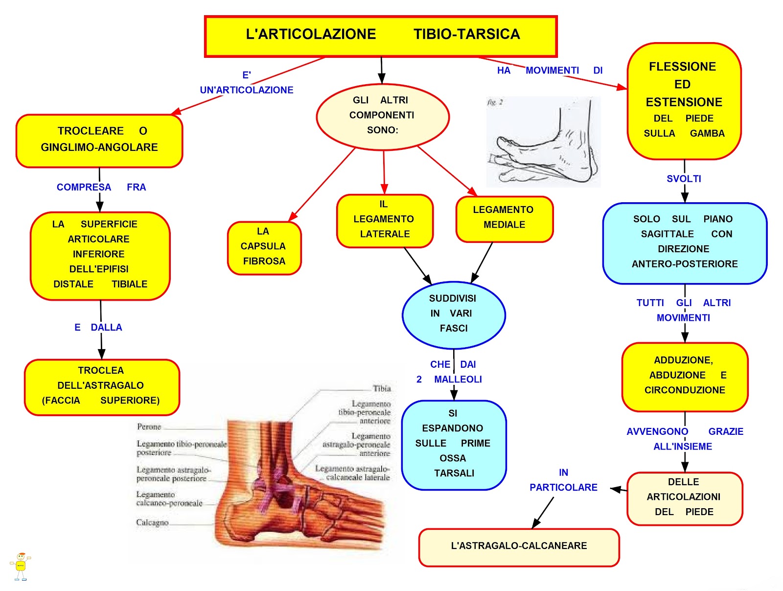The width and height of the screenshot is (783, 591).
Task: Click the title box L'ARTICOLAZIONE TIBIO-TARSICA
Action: click(381, 36)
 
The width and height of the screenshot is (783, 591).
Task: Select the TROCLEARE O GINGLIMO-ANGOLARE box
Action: click(99, 141)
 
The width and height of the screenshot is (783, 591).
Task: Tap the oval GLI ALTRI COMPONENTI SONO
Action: click(382, 116)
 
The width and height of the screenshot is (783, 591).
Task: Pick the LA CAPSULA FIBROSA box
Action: click(264, 247)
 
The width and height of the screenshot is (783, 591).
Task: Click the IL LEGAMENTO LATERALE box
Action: click(385, 220)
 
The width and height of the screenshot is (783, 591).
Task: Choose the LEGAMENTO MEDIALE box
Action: click(504, 218)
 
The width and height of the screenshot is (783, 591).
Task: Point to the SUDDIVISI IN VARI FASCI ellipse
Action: click(453, 314)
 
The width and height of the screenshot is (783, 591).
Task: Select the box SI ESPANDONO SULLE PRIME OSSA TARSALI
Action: click(453, 445)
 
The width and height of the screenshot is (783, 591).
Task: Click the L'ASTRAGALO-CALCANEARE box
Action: click(519, 546)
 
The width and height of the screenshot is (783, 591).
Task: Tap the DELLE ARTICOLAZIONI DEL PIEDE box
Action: click(684, 497)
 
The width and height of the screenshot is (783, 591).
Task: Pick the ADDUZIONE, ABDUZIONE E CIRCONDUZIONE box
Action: click(684, 376)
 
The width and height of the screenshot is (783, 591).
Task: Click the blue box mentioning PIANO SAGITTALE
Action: click(684, 242)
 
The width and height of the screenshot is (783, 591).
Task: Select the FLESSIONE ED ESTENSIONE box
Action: click(684, 100)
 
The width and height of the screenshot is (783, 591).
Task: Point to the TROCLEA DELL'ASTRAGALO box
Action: click(101, 386)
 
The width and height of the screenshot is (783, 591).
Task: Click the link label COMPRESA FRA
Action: click(101, 188)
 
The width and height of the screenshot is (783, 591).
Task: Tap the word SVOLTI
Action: click(684, 179)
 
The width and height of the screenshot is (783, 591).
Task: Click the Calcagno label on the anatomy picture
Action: click(152, 523)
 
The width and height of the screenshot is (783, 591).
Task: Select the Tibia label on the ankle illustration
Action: click(382, 389)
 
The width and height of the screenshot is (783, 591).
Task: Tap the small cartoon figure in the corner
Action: click(21, 567)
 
